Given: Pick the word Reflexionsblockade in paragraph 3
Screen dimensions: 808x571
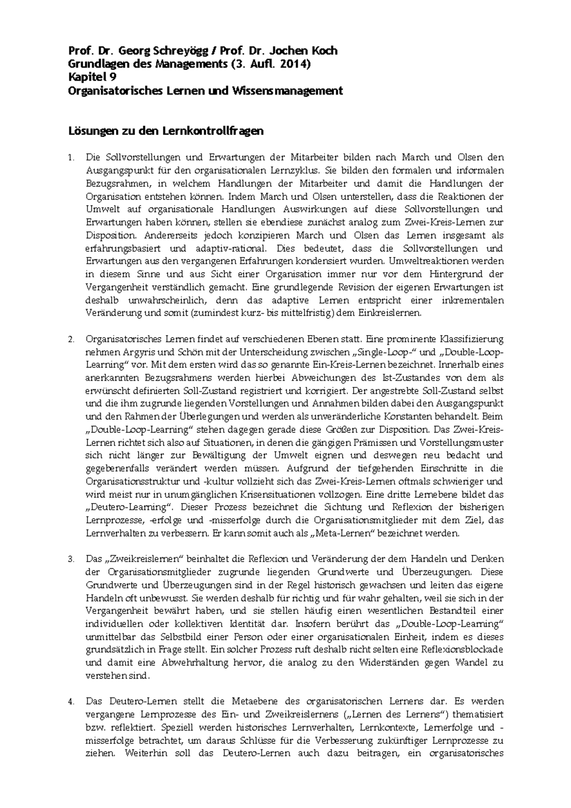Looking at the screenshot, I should tap(463, 650).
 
